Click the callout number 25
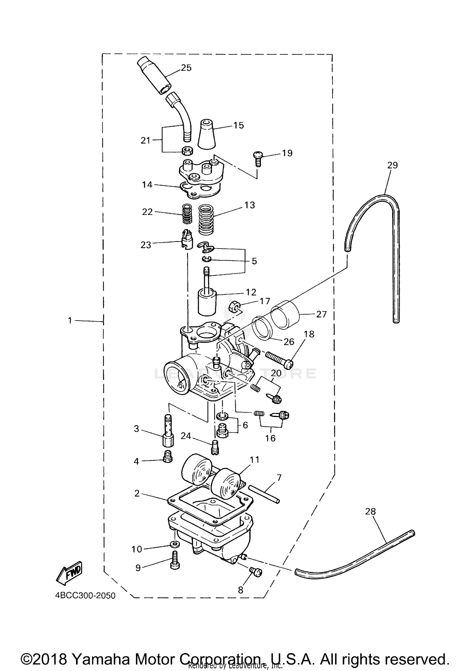click(186, 68)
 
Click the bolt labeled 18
click(279, 359)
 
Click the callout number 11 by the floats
click(254, 460)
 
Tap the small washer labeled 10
click(176, 544)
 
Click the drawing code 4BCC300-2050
click(85, 596)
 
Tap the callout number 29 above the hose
click(392, 165)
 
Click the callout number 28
click(370, 512)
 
